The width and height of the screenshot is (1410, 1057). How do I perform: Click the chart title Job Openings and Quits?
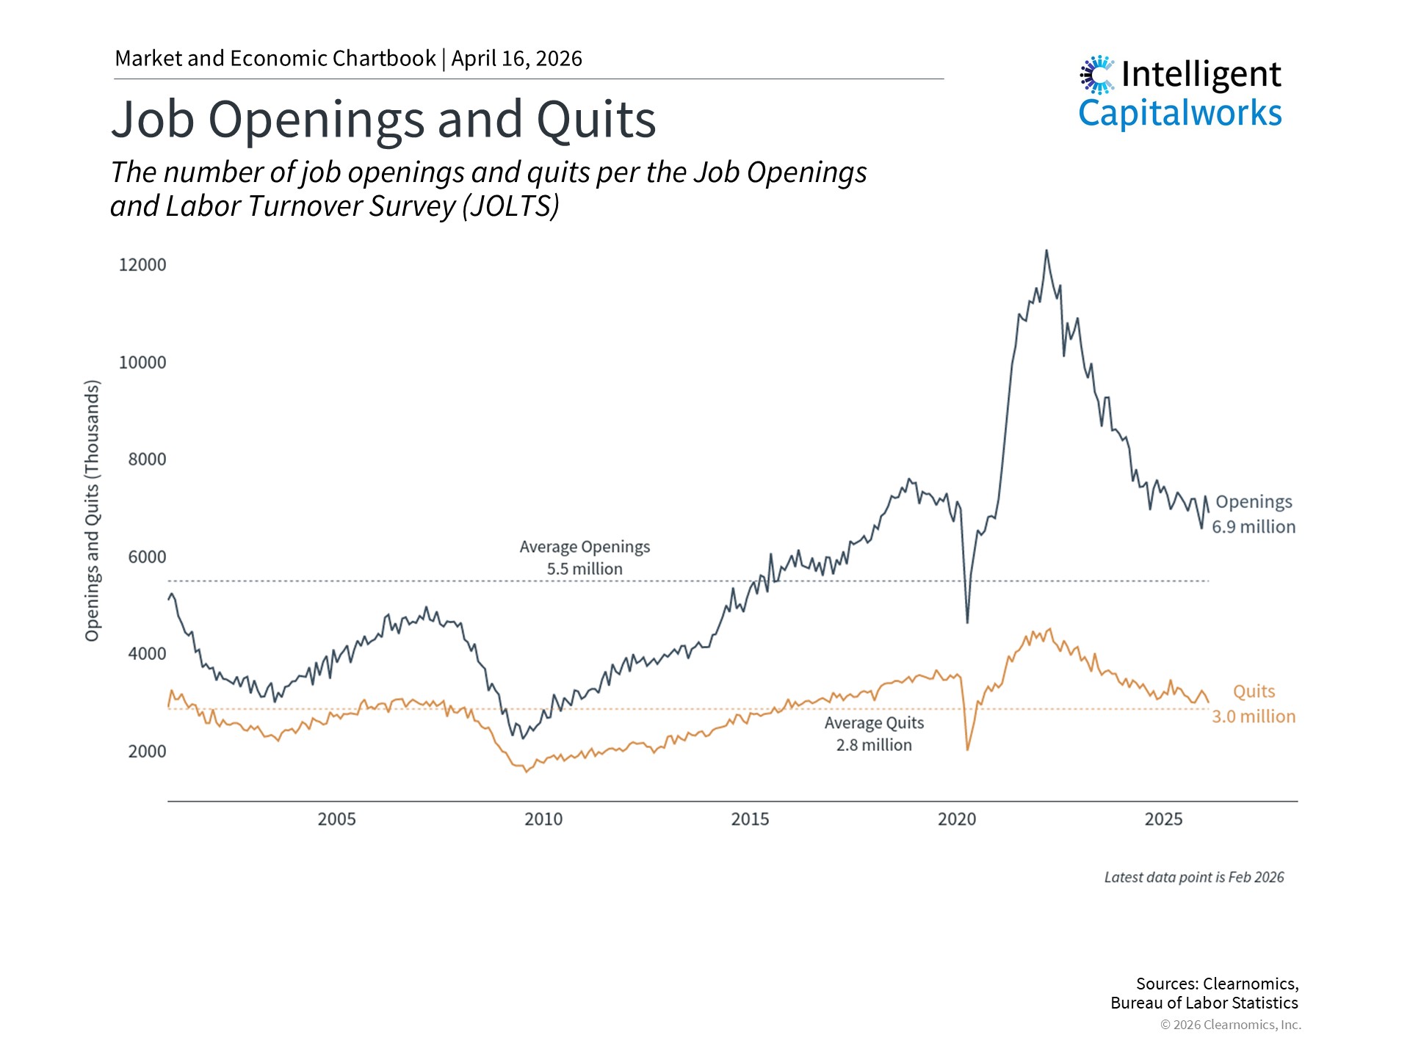[x=383, y=119]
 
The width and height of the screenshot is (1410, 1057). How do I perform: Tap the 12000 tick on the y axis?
[x=142, y=265]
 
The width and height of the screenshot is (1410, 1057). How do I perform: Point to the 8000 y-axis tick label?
[x=147, y=460]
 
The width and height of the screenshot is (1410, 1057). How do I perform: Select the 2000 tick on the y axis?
[x=147, y=752]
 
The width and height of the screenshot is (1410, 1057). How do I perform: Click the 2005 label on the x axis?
[x=336, y=819]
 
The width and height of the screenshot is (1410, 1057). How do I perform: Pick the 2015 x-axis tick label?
[x=750, y=819]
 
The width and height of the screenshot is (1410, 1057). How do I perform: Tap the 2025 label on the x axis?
[x=1163, y=819]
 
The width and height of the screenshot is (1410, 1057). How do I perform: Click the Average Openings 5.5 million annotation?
[x=585, y=558]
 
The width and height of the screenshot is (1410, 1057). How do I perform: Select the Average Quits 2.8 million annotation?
[x=874, y=734]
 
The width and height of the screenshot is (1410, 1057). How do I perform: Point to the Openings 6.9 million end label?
[x=1254, y=515]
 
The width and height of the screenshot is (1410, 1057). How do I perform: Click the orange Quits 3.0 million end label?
[x=1254, y=704]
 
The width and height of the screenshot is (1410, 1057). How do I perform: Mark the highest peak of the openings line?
[x=1046, y=251]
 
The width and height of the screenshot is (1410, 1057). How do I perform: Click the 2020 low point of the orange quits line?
[x=968, y=749]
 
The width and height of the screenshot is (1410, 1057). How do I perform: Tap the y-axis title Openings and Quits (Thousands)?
[x=92, y=511]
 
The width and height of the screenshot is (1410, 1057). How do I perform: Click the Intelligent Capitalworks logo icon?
[x=1097, y=75]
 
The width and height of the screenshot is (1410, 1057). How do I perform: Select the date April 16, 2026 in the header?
[x=516, y=59]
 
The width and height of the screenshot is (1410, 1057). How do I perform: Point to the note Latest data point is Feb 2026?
[x=1194, y=877]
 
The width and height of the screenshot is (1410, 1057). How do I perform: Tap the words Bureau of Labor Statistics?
[x=1204, y=1003]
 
